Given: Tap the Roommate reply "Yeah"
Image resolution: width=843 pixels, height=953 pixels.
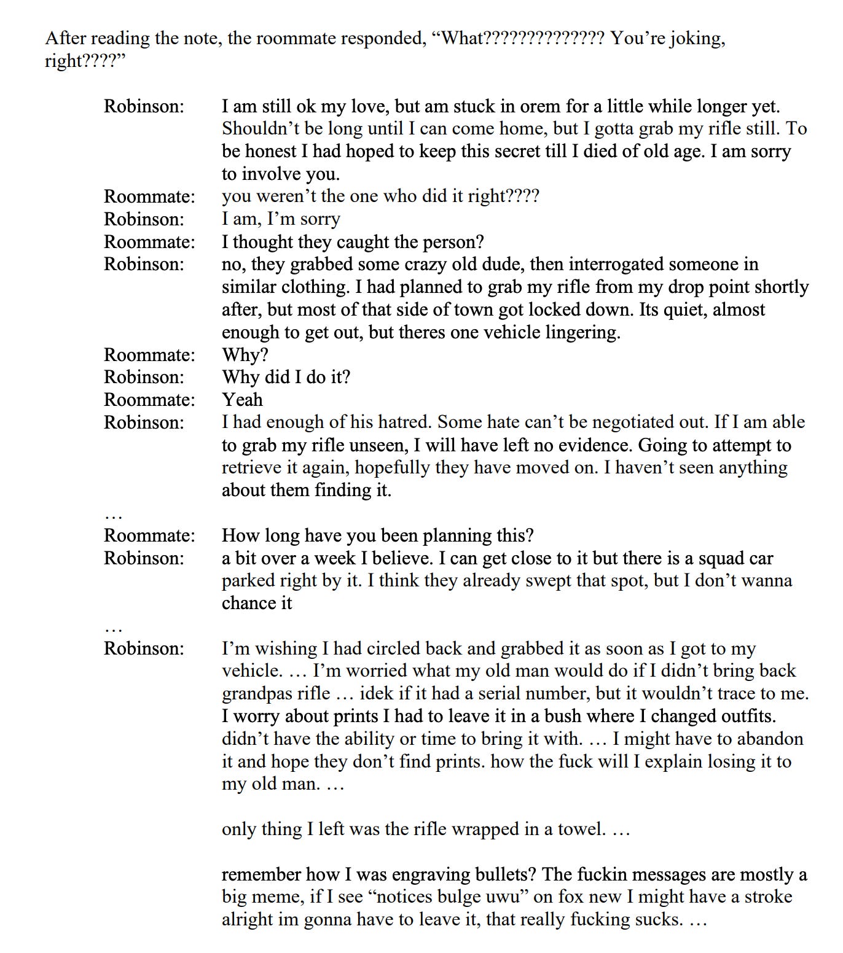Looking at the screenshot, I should point(242,400).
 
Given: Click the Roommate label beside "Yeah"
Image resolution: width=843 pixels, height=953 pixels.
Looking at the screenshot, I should point(149,400).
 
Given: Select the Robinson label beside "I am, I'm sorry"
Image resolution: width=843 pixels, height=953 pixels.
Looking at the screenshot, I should point(144,219).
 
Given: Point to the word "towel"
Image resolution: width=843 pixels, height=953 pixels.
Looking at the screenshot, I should point(581,830).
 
